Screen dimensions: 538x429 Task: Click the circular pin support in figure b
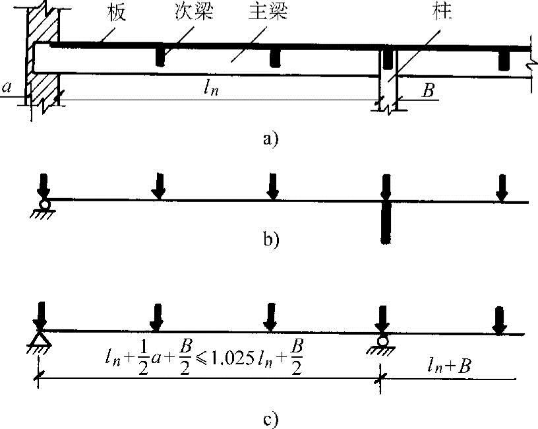[44, 205]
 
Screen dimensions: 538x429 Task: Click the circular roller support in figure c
[382, 341]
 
